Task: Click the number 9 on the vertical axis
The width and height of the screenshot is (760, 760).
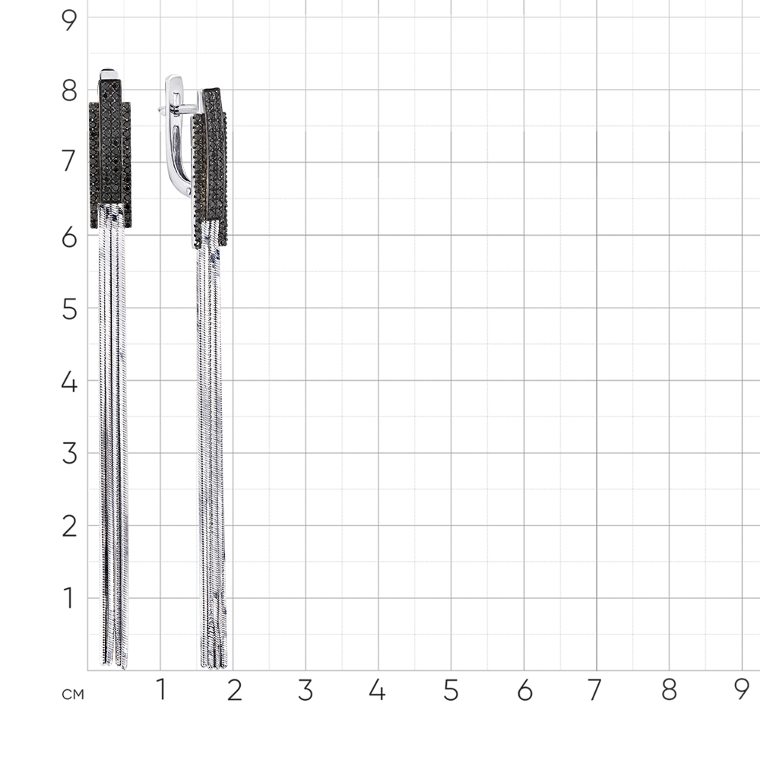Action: [69, 21]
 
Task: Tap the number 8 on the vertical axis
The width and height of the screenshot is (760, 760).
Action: [69, 91]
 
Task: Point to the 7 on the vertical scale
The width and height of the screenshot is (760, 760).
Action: [69, 161]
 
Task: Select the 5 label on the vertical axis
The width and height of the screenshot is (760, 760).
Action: [69, 309]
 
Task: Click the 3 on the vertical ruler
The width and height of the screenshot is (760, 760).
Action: [69, 454]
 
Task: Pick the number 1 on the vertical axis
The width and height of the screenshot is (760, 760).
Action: [69, 598]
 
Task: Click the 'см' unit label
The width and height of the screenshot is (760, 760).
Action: [73, 695]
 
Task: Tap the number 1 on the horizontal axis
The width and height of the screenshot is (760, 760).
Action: [161, 690]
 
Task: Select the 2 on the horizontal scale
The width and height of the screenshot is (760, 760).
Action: [234, 690]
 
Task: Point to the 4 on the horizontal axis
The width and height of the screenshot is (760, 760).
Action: [377, 690]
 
